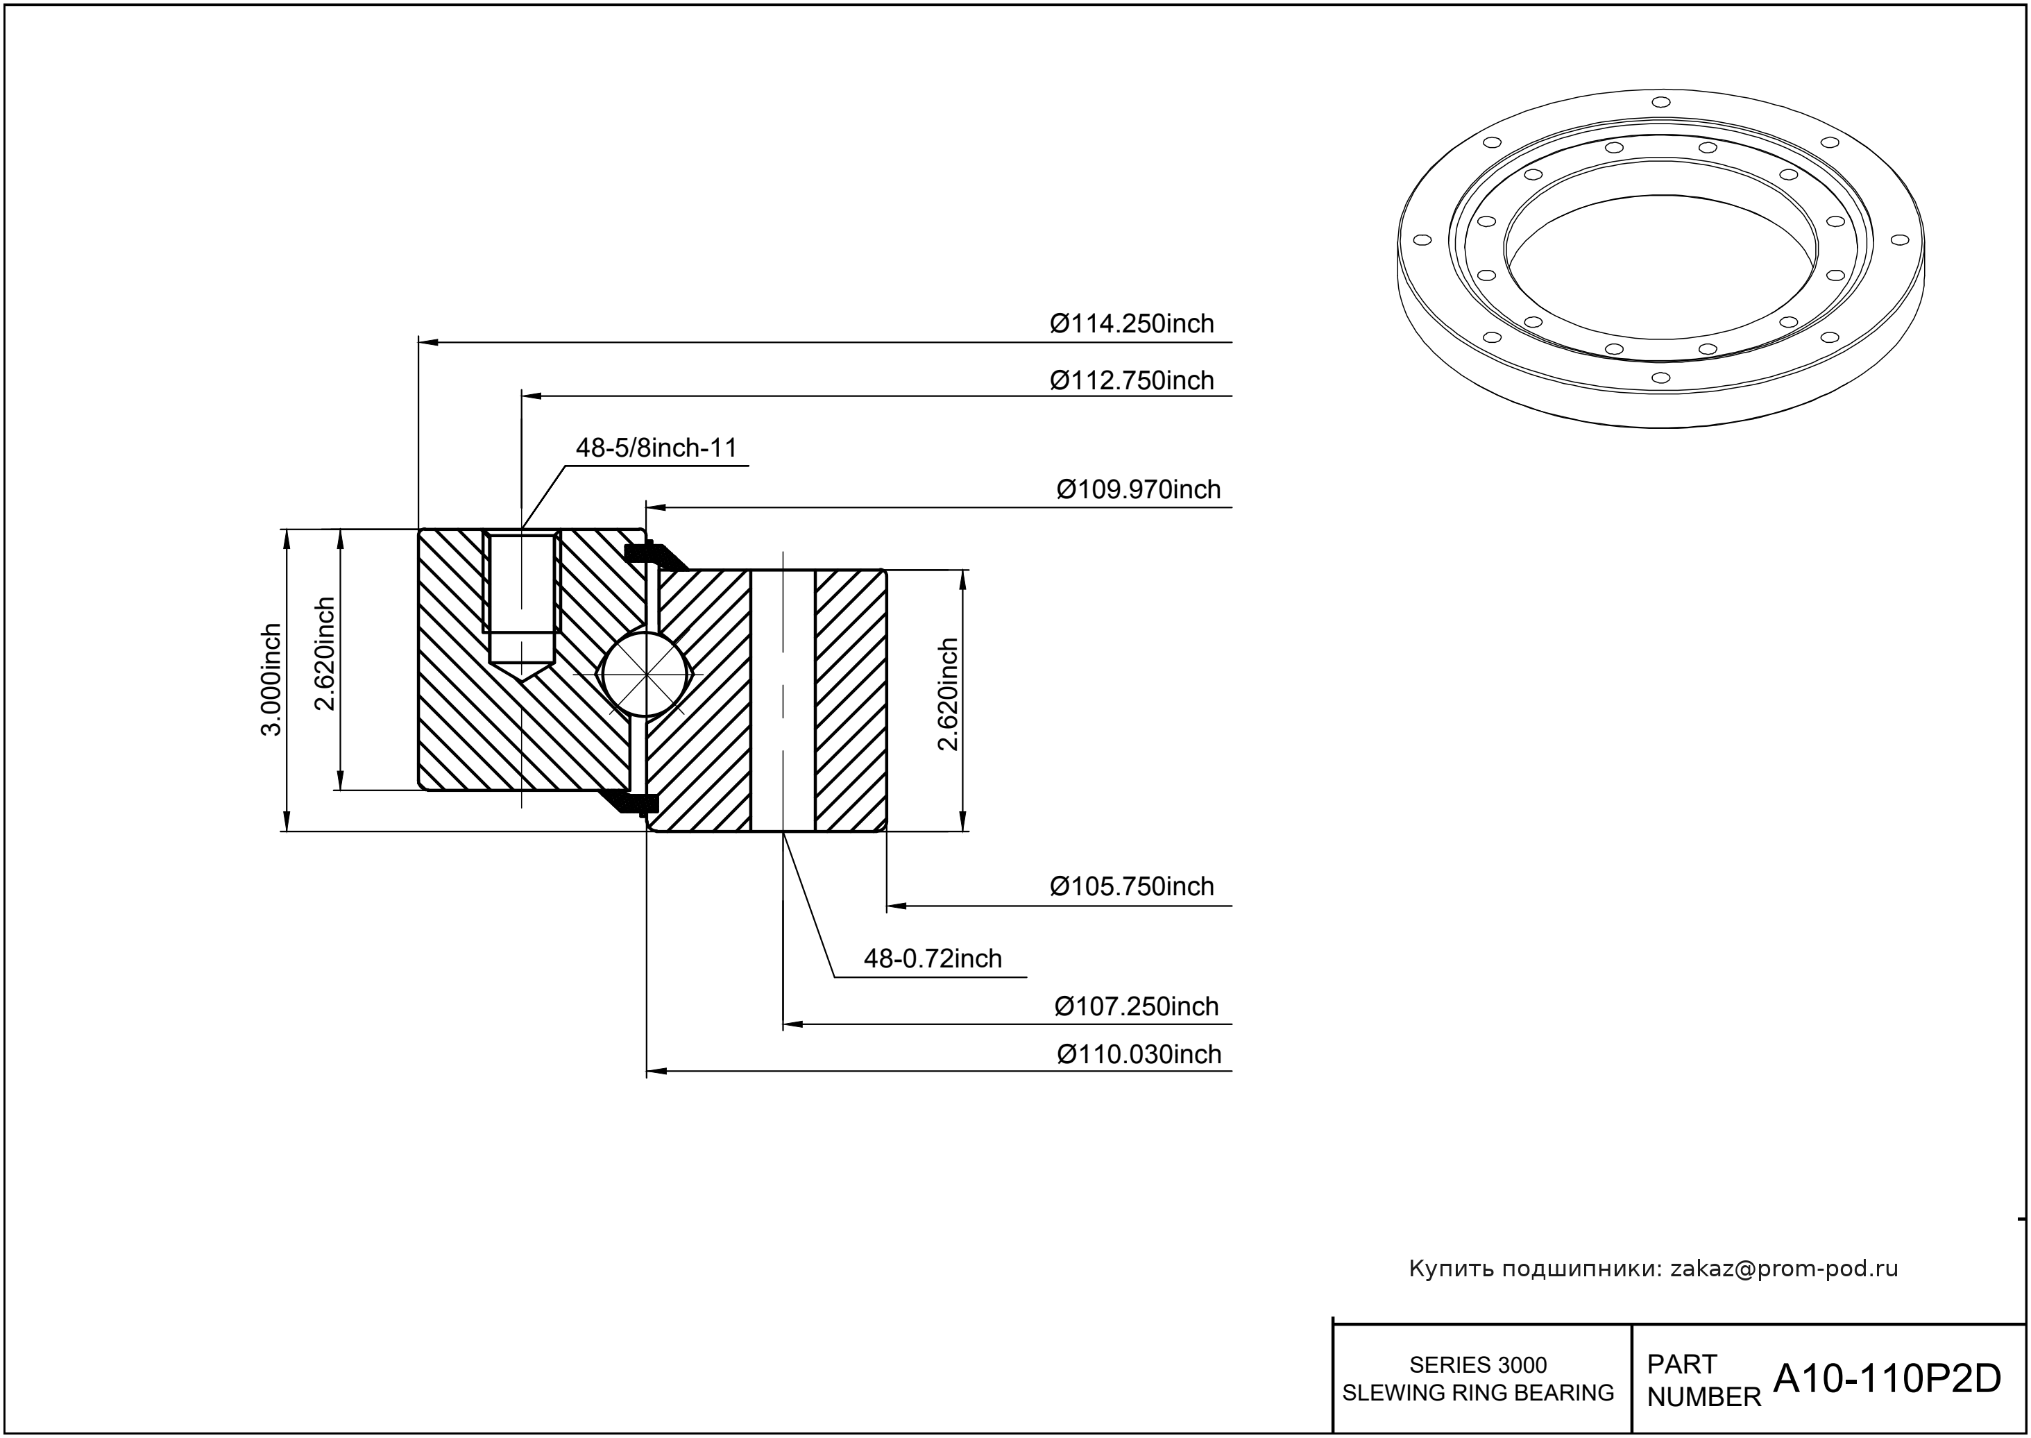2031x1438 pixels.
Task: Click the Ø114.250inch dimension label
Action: (x=1132, y=324)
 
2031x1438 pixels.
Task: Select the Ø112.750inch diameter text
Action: (x=1132, y=381)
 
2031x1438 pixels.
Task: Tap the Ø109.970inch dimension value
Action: (x=1138, y=490)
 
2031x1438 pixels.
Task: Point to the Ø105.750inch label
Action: (x=1132, y=886)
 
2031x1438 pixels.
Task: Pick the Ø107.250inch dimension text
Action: (x=1136, y=1007)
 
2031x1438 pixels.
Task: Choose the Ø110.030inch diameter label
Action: (x=1139, y=1055)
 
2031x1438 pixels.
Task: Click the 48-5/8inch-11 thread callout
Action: (x=656, y=448)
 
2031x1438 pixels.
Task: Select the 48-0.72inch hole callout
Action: (x=933, y=959)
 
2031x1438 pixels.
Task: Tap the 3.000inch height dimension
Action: (x=271, y=679)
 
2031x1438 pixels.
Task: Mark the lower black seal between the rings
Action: (x=634, y=802)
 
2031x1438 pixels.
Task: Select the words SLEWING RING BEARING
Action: (x=1478, y=1393)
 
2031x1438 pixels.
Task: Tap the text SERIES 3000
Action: (x=1478, y=1364)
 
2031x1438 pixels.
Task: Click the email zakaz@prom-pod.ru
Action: (x=1783, y=1269)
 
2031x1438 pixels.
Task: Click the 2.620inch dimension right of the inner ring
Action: (x=949, y=694)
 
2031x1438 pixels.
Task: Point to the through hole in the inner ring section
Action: (x=783, y=700)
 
